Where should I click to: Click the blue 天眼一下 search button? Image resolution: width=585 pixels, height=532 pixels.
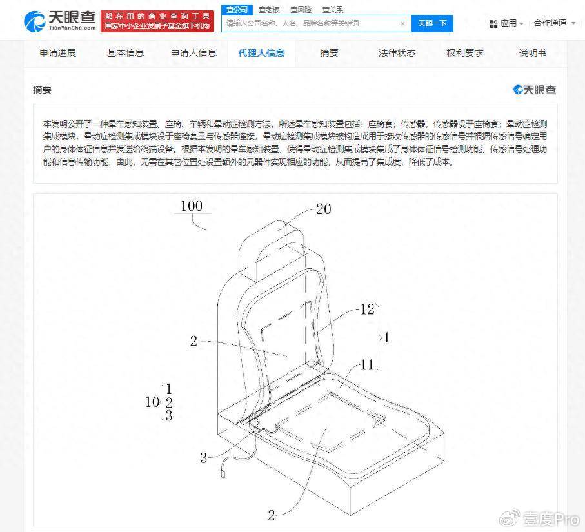432,23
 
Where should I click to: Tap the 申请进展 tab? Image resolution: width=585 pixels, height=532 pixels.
58,53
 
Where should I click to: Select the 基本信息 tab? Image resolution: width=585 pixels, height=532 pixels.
125,53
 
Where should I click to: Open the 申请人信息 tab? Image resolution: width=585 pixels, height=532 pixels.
193,53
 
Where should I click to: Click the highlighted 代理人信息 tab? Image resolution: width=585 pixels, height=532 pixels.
261,53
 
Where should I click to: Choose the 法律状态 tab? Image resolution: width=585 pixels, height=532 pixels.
397,53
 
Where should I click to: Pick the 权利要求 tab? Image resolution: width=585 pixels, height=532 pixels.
465,53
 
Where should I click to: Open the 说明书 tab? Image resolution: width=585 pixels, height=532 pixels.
533,53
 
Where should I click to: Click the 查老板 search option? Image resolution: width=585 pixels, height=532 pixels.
269,10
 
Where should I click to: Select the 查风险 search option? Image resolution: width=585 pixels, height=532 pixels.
301,10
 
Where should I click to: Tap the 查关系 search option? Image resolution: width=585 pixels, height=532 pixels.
332,10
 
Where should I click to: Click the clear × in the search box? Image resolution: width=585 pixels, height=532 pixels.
402,23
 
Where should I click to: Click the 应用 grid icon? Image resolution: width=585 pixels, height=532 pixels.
493,24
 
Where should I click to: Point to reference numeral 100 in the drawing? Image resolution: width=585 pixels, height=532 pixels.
192,206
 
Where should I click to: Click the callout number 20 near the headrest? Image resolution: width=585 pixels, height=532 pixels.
324,209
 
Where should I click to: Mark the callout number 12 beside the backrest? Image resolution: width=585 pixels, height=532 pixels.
367,309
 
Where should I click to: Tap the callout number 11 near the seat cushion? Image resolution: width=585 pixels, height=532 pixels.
367,364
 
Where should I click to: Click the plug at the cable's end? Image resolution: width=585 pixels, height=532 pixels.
223,474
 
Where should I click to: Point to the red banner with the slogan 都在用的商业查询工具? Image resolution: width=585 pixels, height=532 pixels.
157,21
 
